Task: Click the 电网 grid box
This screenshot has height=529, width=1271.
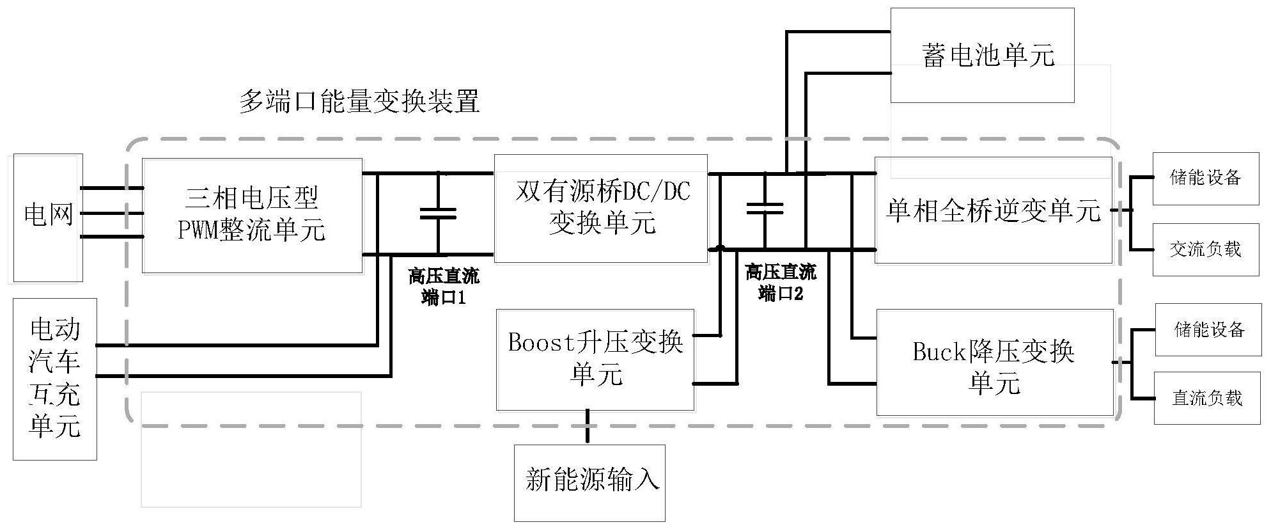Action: click(x=48, y=217)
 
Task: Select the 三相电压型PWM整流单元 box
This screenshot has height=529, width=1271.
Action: click(x=252, y=216)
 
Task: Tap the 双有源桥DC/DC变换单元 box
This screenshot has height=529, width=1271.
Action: click(x=601, y=208)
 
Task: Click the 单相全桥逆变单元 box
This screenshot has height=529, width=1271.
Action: click(x=993, y=210)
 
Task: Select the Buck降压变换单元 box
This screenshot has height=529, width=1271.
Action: click(x=994, y=363)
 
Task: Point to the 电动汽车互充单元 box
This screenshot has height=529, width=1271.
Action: click(x=55, y=379)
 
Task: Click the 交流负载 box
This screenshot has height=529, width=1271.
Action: click(x=1205, y=249)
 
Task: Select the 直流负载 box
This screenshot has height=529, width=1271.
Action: click(x=1206, y=398)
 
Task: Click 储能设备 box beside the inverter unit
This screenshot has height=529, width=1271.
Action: click(x=1205, y=178)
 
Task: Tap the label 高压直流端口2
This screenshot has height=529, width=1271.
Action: click(x=781, y=283)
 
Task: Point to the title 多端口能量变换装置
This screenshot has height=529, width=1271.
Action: click(x=359, y=102)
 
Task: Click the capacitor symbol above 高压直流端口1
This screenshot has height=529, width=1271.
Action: click(x=438, y=214)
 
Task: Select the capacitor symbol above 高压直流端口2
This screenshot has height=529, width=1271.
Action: click(x=765, y=207)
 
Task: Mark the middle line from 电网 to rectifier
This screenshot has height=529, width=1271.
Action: click(x=112, y=213)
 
